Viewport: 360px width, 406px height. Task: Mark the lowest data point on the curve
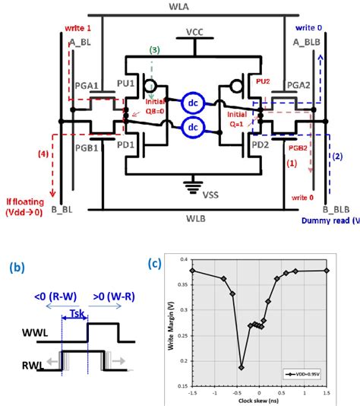tap(241, 367)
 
